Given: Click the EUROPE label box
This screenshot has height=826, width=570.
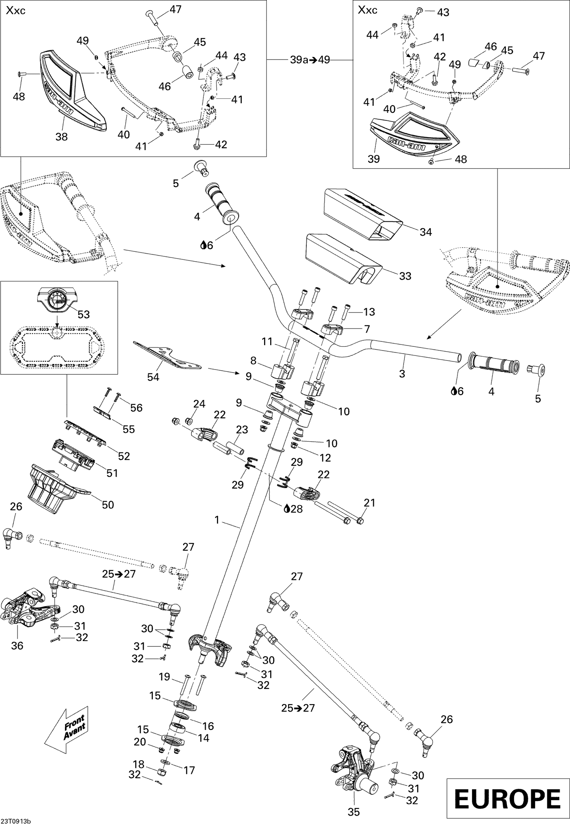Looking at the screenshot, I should click(507, 799).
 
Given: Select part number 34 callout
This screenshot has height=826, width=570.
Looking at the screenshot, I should click(426, 232).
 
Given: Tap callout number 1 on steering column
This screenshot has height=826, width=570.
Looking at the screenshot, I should click(217, 520).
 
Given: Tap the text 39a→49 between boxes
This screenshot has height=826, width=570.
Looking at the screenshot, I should click(310, 60).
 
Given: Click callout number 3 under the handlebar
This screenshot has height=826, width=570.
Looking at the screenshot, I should click(402, 373).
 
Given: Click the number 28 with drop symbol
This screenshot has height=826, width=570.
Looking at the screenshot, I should click(294, 509).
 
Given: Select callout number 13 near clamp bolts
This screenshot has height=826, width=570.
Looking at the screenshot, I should click(369, 312).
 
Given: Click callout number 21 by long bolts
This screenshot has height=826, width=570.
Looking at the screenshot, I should click(369, 503).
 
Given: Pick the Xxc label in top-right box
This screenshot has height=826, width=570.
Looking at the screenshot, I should click(367, 10).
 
